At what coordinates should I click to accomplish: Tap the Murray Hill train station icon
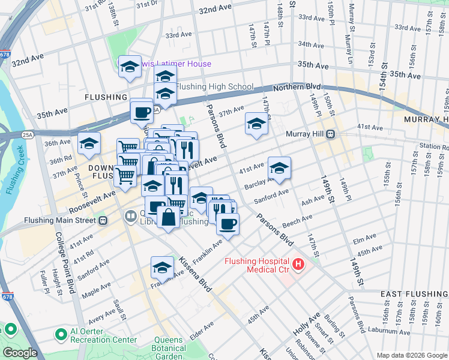point(330,134)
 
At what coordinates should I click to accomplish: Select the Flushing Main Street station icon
point(103,220)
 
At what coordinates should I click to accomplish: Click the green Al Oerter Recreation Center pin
point(60,334)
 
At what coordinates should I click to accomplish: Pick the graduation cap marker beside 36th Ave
point(89,143)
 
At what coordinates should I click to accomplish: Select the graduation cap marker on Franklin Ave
point(162,267)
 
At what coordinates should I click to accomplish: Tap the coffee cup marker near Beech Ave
point(228,224)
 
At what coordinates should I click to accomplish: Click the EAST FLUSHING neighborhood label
point(414,293)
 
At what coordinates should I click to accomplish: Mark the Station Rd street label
point(433,146)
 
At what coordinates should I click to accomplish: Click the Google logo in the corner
point(20,352)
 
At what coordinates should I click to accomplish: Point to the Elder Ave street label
point(202,331)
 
